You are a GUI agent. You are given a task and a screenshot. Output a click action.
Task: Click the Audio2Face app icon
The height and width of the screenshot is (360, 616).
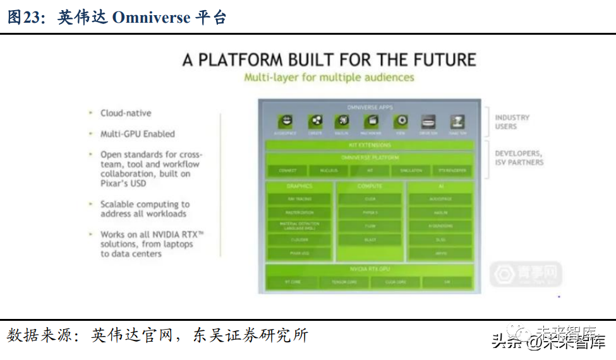[286, 121]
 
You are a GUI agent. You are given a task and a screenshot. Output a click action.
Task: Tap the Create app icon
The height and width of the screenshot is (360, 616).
[315, 121]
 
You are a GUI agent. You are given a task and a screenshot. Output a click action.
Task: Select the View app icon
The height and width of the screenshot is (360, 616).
[401, 121]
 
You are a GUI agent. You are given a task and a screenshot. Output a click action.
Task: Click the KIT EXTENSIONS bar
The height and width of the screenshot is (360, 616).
[370, 145]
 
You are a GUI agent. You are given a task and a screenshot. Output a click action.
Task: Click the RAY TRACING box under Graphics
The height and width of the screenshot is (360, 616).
[299, 199]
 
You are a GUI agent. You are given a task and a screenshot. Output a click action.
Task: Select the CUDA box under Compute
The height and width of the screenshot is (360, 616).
[370, 199]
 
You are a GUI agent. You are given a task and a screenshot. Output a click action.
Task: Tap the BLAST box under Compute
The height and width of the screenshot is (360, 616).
[370, 240]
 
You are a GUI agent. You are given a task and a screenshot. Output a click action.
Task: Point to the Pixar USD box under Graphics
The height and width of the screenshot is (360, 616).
[299, 254]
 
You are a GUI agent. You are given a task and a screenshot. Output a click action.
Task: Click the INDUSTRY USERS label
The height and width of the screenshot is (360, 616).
[512, 122]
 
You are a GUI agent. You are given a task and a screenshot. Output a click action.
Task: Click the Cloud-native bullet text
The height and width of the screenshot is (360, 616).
[126, 113]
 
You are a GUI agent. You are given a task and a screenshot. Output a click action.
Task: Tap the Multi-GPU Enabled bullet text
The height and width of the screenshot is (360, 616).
[137, 134]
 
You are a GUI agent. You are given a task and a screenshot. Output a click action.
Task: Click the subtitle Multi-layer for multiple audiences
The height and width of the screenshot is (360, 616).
[329, 77]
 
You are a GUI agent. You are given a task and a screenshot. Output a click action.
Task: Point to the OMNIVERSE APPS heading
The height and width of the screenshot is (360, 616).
[370, 107]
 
